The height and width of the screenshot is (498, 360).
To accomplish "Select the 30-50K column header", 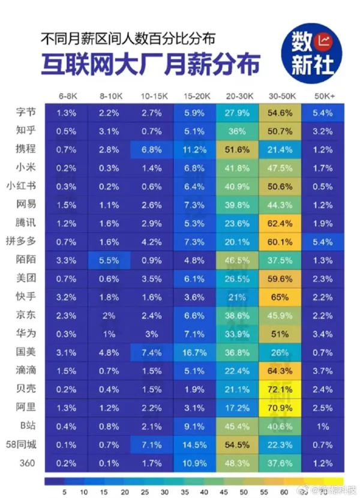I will (280, 96).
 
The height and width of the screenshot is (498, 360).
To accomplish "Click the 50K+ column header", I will (322, 96).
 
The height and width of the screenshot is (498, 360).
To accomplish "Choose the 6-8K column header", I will (67, 96).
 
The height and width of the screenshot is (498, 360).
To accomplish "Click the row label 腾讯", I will (28, 223).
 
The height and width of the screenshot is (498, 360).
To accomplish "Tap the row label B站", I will (28, 425).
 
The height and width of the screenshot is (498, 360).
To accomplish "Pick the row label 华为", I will (28, 333).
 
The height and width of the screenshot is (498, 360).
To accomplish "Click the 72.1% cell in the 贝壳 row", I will (280, 389).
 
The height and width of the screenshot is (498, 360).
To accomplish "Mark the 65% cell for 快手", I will (280, 297).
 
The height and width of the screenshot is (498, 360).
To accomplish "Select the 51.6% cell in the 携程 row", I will (237, 149).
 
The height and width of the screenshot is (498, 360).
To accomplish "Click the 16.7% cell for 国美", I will (195, 352).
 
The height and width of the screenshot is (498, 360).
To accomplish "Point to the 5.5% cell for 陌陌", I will (109, 260).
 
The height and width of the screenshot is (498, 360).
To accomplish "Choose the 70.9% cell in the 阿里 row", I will (280, 407).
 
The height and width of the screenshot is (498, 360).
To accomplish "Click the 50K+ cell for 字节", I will (322, 113).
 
